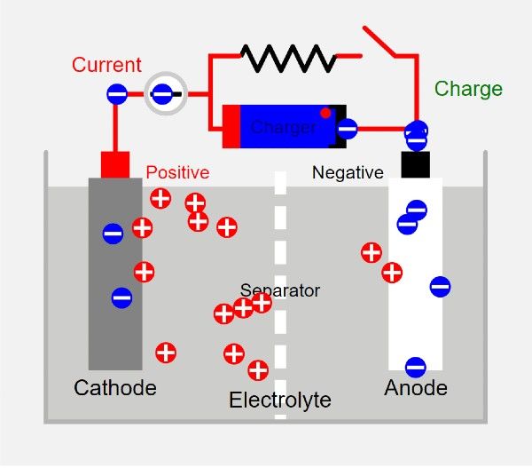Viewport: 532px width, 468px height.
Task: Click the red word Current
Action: (106, 65)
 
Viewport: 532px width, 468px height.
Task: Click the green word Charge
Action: (468, 90)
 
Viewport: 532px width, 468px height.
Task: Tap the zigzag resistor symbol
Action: (288, 59)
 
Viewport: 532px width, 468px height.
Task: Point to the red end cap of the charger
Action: (231, 126)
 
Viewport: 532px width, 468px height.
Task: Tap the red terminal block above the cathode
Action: (115, 164)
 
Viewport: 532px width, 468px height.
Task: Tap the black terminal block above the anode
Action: (415, 164)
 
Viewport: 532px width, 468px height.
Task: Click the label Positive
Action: (177, 172)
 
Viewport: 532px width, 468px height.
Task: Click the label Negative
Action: (348, 173)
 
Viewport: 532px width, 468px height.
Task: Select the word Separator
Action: (280, 290)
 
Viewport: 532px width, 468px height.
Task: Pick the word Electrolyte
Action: (280, 401)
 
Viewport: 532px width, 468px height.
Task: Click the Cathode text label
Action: (115, 388)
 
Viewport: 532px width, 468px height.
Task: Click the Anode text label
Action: (416, 388)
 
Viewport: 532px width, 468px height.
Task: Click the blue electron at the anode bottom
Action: (415, 367)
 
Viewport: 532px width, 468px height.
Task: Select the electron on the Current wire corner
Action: (116, 93)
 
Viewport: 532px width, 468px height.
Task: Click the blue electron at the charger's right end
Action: (347, 128)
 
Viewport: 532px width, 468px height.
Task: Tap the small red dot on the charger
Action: (325, 113)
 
